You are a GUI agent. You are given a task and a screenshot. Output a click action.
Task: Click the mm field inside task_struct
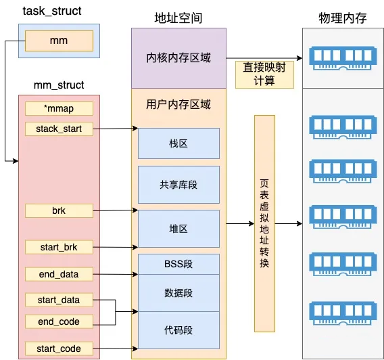tap(59, 41)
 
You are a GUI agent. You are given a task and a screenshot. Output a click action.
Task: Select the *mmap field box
tap(59, 108)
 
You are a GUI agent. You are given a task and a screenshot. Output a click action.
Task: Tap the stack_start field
tap(59, 128)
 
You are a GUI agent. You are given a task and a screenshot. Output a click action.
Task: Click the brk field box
tap(59, 210)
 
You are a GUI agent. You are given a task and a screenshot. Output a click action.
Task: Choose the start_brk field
tap(59, 247)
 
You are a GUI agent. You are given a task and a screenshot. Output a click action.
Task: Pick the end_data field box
tap(59, 274)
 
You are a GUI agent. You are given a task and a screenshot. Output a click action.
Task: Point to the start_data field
tap(59, 300)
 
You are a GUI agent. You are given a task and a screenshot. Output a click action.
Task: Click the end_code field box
tap(59, 321)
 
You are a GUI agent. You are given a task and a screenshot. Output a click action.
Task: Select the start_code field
tap(59, 349)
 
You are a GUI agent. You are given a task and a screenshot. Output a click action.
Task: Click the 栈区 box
tap(178, 144)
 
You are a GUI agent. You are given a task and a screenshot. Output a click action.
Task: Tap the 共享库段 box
tap(178, 184)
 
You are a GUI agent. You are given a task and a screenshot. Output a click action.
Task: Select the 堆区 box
tap(178, 229)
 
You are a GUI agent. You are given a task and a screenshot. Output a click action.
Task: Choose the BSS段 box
tap(178, 264)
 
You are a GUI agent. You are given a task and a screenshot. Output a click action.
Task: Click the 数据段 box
tap(178, 293)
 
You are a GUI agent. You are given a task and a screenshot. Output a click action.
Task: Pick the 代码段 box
tap(178, 330)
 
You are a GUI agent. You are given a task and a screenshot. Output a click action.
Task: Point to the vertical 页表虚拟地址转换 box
tap(264, 223)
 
